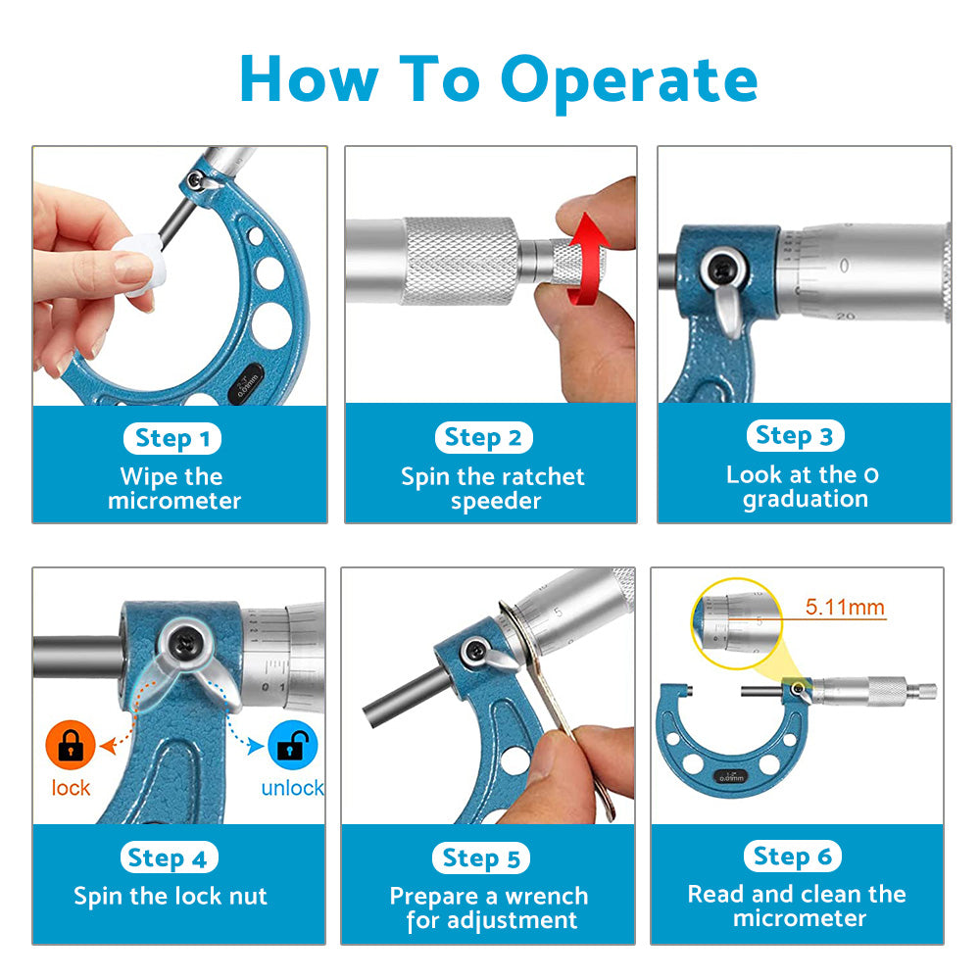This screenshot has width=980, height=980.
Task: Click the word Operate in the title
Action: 629,82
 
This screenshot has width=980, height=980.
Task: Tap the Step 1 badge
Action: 172,438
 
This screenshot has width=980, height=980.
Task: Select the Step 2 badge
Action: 484,437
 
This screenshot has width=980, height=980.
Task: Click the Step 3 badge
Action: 795,436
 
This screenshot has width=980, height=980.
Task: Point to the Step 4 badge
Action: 169,858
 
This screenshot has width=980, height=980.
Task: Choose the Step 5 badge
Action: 480,858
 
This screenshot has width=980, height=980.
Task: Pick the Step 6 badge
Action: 793,856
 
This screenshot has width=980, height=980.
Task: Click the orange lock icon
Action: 71,745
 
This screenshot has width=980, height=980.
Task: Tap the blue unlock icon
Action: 292,745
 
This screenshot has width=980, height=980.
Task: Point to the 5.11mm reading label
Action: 845,607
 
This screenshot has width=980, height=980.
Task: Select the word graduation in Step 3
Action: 805,500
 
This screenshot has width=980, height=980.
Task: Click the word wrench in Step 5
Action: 546,897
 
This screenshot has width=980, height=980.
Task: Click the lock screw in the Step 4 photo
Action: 185,642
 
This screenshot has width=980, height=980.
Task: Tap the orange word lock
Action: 71,788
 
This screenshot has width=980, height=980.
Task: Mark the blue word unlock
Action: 292,788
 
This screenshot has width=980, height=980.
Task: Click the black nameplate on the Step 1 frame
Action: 246,384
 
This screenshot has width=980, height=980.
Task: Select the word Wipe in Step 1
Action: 141,477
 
